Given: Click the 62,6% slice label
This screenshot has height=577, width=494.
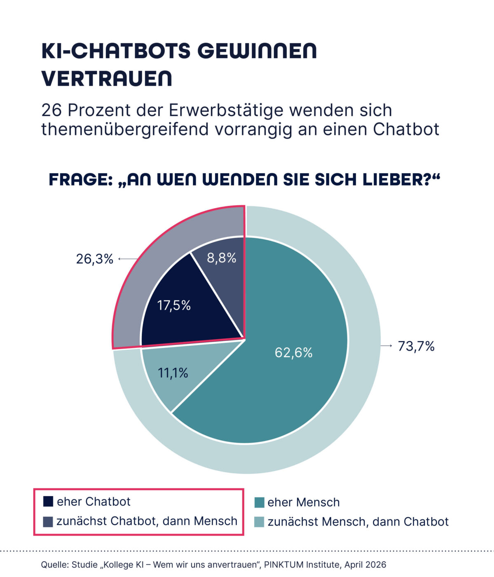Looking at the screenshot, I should point(293,353).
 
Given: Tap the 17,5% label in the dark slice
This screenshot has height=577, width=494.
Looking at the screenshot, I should point(174,305).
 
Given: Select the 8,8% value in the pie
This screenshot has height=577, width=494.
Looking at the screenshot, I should point(222,258).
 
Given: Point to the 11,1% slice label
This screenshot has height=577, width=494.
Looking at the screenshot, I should point(173,373).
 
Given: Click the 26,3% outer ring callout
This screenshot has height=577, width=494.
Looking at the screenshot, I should point(94,259).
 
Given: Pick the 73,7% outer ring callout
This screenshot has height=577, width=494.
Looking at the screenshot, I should point(416,346).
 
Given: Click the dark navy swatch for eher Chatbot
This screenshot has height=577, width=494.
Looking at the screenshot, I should point(48,501).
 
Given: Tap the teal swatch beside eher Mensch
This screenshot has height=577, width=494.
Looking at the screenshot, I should point(260,502).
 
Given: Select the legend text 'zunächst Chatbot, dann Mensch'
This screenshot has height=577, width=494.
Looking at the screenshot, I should point(147,521).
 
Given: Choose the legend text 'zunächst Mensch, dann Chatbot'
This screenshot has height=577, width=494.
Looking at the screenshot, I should point(358,522).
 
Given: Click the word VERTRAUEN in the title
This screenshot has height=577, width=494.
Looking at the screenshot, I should point(107,78).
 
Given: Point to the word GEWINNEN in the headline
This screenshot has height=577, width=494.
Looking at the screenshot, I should point(257,51).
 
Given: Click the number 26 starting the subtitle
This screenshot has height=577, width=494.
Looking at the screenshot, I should point(52,110).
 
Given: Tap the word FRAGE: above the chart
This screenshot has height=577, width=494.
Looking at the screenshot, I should point(81,180).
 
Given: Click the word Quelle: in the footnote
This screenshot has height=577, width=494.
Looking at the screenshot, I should point(54,565).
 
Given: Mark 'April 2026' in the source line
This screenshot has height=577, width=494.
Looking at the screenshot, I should point(365,565).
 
